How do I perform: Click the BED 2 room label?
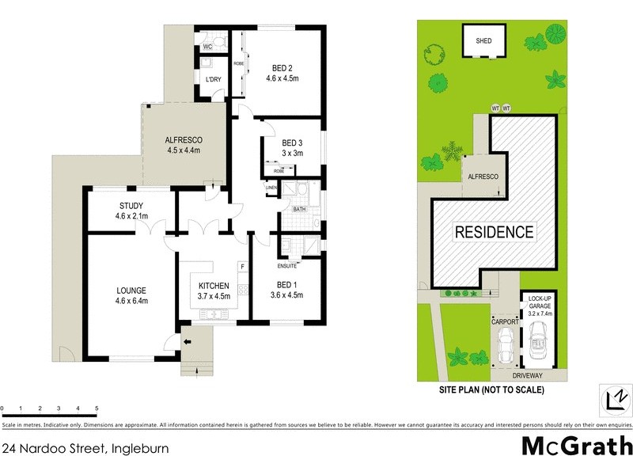coord(282,67)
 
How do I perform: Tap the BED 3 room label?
coord(293,142)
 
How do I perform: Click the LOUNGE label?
coord(132,290)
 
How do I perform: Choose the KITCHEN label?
coord(214,286)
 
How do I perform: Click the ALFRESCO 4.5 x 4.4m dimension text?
coord(184,150)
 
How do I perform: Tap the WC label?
coord(207,47)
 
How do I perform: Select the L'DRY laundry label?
coord(213,80)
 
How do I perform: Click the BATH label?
coord(299,209)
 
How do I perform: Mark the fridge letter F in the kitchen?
coord(242,267)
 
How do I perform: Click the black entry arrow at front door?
coord(188,342)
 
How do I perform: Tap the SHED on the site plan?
coord(483,41)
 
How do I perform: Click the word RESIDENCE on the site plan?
coord(494,232)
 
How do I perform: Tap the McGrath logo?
coord(577,446)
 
